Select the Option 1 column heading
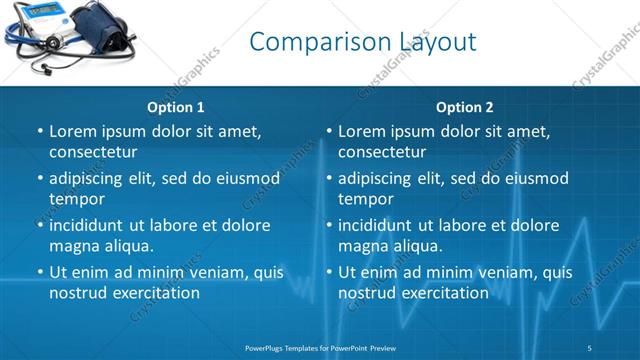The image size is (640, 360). pos(176,107)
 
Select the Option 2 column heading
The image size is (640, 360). pos(464,107)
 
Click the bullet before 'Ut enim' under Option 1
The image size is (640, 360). pos(39,272)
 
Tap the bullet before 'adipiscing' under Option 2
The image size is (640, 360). pos(328,179)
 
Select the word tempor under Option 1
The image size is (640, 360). pos(76,199)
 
